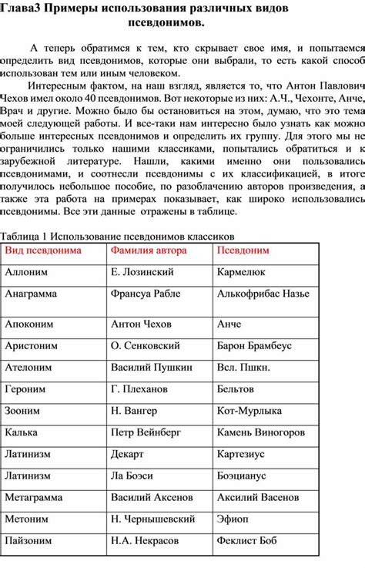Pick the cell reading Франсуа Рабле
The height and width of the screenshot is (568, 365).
click(x=145, y=294)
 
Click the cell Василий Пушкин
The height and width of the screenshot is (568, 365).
click(x=146, y=368)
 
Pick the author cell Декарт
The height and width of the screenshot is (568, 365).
click(x=128, y=454)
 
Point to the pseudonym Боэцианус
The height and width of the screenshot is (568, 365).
click(x=243, y=476)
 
